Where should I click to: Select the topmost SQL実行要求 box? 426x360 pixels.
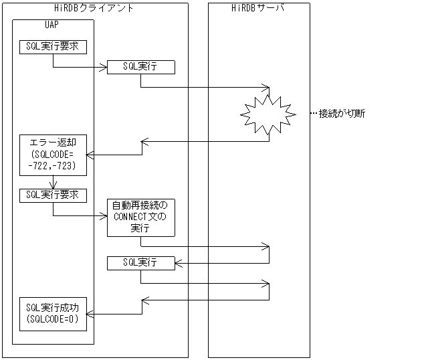[53, 47]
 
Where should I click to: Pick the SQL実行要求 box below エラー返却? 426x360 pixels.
[53, 195]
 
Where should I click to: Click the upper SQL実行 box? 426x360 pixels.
[140, 67]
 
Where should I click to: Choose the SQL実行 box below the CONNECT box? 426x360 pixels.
[140, 263]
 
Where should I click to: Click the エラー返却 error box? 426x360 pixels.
[53, 155]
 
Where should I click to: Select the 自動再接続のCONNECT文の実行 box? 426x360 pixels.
[140, 216]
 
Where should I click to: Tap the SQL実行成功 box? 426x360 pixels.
[53, 313]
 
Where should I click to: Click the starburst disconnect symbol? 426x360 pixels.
[268, 114]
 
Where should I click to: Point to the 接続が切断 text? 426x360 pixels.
[342, 113]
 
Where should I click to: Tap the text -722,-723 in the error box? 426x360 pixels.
[53, 165]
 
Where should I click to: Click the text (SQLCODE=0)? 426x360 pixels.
[53, 319]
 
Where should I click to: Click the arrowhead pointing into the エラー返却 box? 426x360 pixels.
[91, 155]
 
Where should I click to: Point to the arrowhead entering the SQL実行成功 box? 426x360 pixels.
[91, 314]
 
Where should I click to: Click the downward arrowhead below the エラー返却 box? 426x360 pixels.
[53, 185]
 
